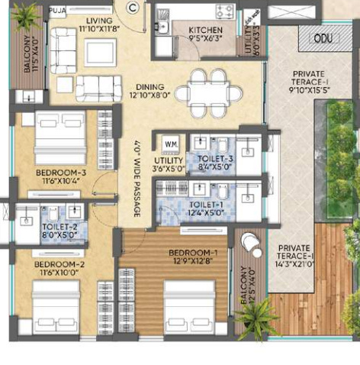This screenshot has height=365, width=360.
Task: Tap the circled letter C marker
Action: tap(133, 8)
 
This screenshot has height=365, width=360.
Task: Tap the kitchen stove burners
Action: tap(225, 11)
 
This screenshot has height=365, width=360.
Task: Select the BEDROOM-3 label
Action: tap(60, 173)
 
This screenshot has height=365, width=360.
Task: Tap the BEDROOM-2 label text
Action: tap(59, 264)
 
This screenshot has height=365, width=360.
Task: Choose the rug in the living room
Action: tap(101, 52)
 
